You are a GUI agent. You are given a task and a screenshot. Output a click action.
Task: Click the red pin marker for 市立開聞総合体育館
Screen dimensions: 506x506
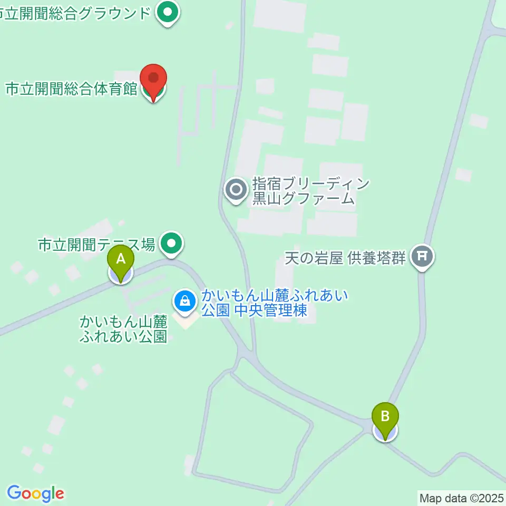click(153, 80)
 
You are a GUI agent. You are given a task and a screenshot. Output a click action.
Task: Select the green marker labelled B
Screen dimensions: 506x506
click(385, 420)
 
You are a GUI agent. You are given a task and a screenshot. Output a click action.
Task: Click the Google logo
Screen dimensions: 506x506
click(36, 493)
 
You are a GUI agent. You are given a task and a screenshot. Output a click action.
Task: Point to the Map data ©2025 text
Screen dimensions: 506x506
click(461, 497)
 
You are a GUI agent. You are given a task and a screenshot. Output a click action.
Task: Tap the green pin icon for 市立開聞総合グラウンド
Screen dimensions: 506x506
click(168, 13)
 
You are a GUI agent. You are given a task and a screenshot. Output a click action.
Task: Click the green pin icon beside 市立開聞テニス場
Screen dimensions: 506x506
click(172, 244)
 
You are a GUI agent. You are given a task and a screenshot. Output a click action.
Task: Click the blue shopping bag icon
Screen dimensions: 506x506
click(184, 301)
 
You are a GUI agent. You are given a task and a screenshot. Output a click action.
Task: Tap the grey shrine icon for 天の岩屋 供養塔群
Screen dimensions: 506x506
click(422, 257)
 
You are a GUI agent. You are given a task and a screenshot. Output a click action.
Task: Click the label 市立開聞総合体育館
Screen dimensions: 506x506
click(71, 89)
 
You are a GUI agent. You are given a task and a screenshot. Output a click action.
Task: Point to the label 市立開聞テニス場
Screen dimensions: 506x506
click(96, 245)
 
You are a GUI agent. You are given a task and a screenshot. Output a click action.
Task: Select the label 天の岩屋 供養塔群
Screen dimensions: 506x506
click(345, 258)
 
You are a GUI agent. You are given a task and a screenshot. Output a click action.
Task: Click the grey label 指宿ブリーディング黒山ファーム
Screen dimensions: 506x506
click(303, 191)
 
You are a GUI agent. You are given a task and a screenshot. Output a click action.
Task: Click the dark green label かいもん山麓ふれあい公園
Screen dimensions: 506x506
click(123, 328)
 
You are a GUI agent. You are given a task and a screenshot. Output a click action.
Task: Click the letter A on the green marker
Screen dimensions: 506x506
click(121, 258)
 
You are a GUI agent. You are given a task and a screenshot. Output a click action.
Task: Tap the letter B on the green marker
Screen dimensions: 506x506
click(385, 416)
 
